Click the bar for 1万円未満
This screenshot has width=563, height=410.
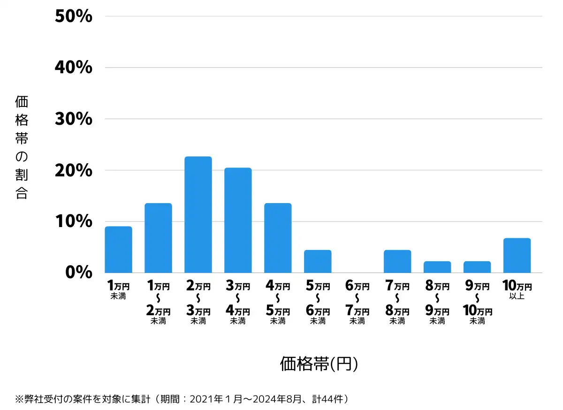pyautogui.click(x=118, y=250)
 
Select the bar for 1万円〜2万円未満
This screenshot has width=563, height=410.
pyautogui.click(x=158, y=238)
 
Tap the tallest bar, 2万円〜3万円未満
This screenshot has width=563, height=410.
pyautogui.click(x=198, y=214)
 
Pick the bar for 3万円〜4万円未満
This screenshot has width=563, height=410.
pyautogui.click(x=238, y=220)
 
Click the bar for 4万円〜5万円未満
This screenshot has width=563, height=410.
pyautogui.click(x=278, y=238)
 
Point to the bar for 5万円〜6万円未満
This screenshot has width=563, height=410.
pyautogui.click(x=318, y=261)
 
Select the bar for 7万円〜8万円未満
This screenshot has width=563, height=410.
pyautogui.click(x=397, y=261)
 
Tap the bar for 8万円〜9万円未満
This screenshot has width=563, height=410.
pyautogui.click(x=437, y=267)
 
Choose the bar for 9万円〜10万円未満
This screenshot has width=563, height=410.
pyautogui.click(x=477, y=267)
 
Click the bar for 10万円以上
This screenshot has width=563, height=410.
pyautogui.click(x=517, y=255)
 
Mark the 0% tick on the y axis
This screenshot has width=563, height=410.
pyautogui.click(x=79, y=272)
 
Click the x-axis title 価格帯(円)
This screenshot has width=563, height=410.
pyautogui.click(x=319, y=364)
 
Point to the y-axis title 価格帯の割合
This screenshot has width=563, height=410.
pyautogui.click(x=22, y=147)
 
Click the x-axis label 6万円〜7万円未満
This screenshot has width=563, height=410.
pyautogui.click(x=358, y=303)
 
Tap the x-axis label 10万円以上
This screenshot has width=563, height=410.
pyautogui.click(x=517, y=289)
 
